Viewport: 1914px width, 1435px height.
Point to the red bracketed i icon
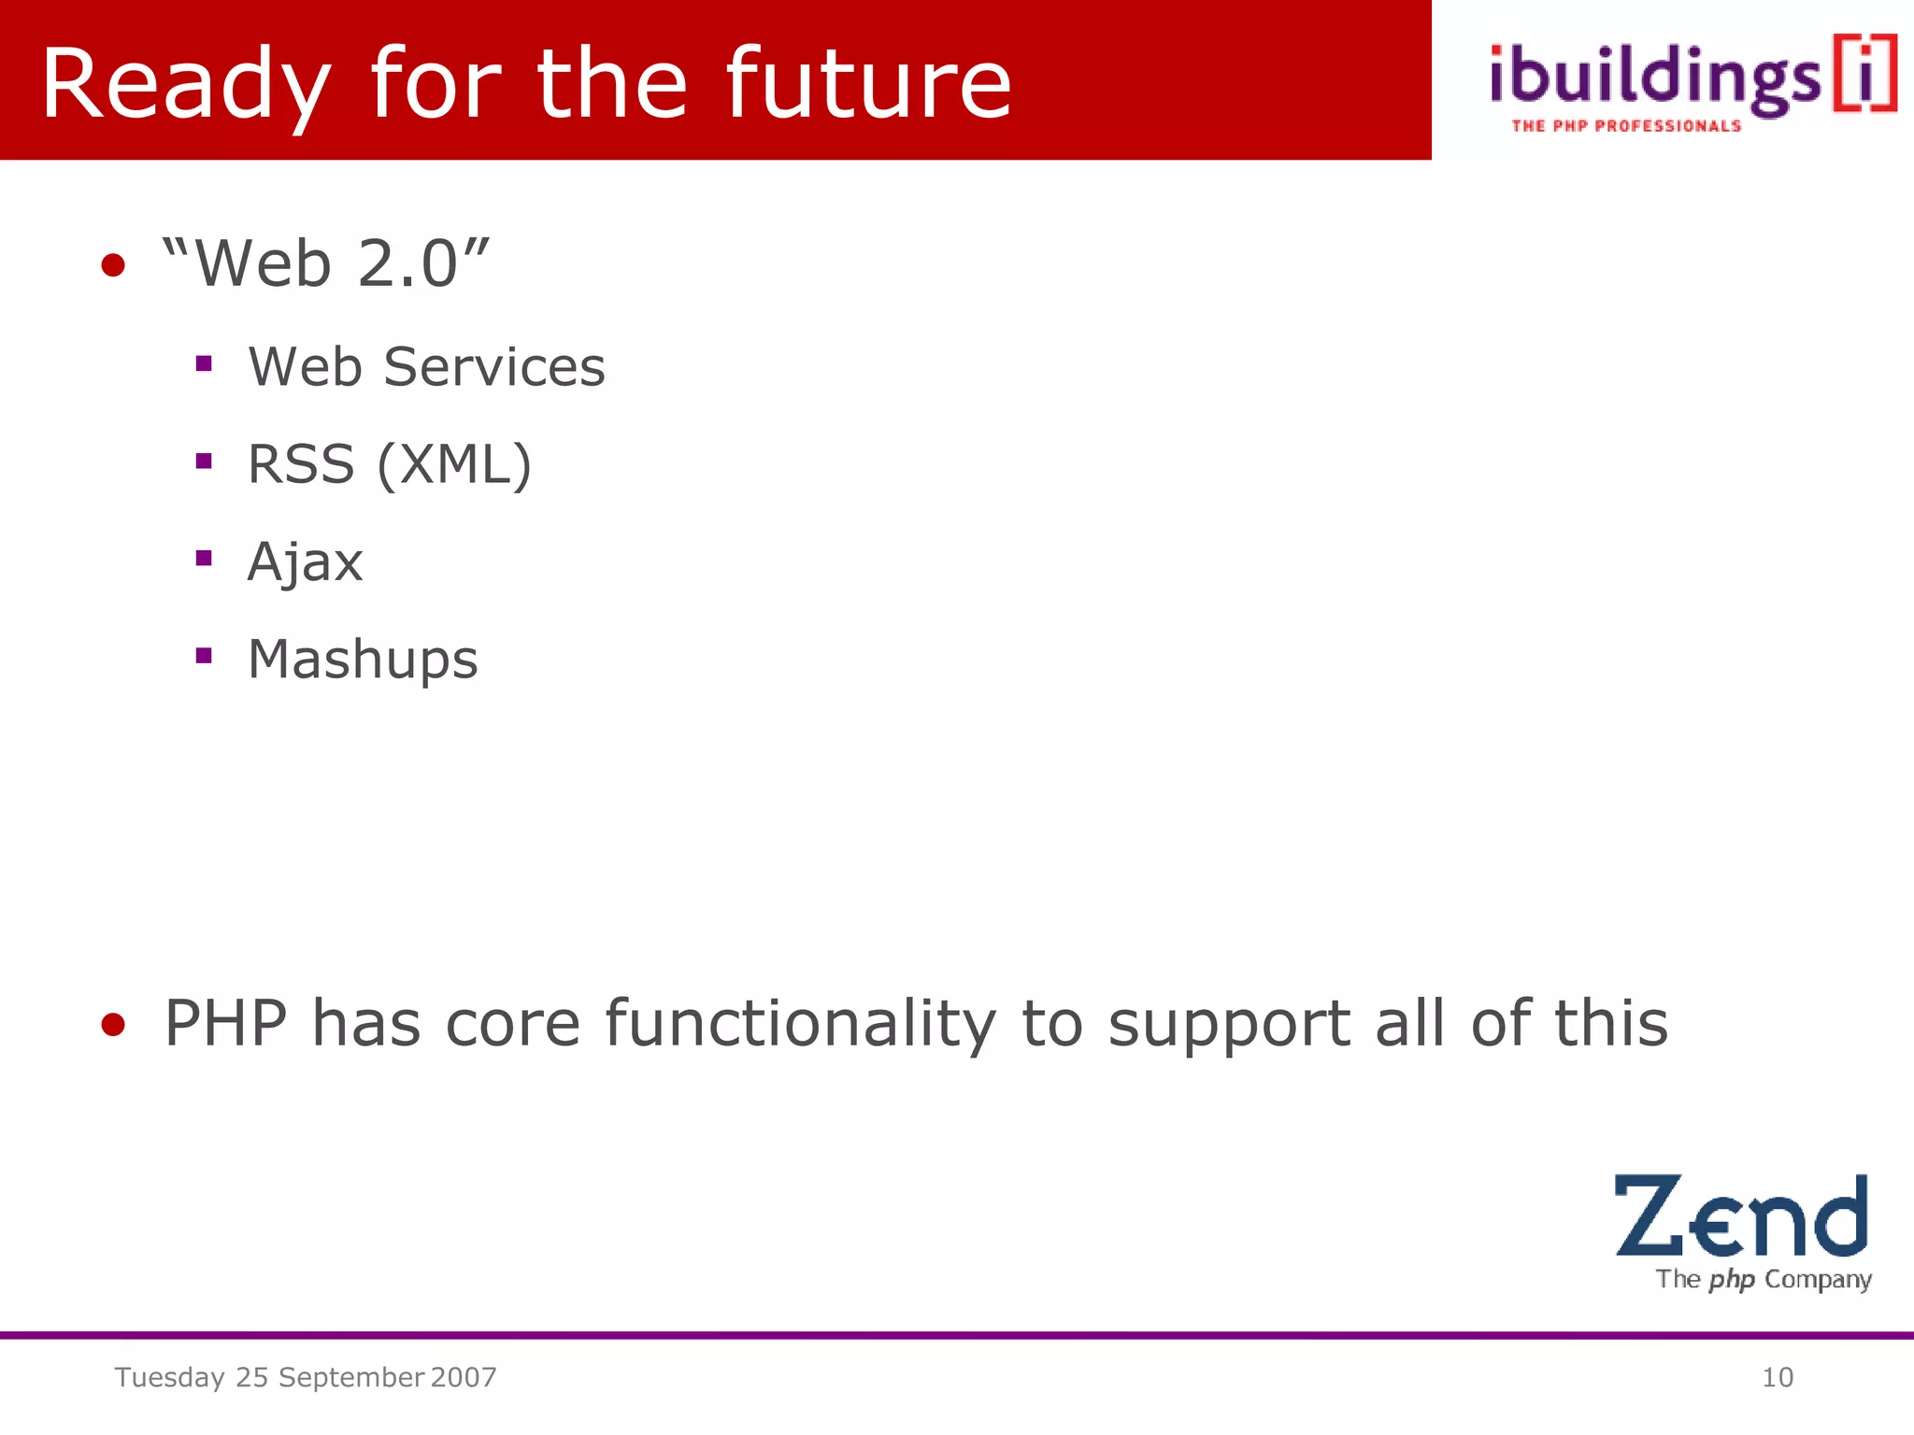[1864, 73]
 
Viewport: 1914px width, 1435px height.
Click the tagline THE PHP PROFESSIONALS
[1626, 126]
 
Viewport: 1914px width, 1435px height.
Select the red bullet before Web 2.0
[113, 265]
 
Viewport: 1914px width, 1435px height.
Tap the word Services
[494, 366]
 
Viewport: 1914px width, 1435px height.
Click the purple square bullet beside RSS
[204, 461]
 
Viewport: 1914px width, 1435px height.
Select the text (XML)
[454, 464]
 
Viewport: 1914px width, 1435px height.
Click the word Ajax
[305, 562]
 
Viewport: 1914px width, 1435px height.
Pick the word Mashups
[363, 660]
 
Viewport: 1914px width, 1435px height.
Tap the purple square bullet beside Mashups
[204, 656]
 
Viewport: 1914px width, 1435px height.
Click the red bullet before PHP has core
[113, 1025]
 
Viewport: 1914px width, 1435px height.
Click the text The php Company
[1764, 1279]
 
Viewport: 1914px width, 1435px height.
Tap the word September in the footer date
[351, 1377]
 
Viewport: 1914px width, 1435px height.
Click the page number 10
[1777, 1377]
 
